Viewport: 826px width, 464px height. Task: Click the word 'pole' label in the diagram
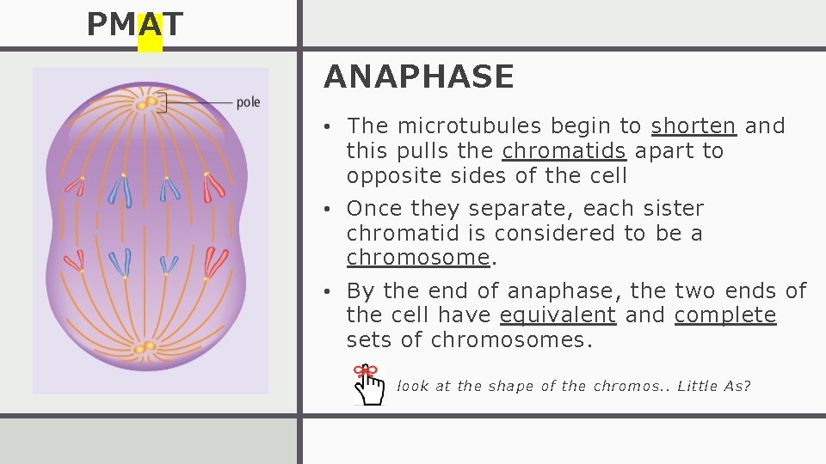(248, 102)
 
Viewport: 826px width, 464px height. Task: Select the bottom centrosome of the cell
(144, 348)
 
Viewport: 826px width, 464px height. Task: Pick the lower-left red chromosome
(76, 261)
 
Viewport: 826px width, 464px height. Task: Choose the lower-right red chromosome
(215, 261)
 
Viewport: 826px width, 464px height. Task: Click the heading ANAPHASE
(419, 77)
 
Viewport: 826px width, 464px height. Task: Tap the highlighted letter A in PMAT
(150, 26)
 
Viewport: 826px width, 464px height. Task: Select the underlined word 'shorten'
(693, 126)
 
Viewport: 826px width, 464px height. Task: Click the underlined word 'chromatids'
(564, 151)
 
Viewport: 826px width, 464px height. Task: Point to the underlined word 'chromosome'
(418, 258)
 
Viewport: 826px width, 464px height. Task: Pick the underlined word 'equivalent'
(558, 315)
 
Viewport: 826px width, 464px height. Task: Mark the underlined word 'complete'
(725, 315)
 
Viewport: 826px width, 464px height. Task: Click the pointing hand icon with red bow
(370, 384)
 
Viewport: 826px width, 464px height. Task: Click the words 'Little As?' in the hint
(714, 386)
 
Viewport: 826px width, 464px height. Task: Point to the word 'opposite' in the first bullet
(391, 176)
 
